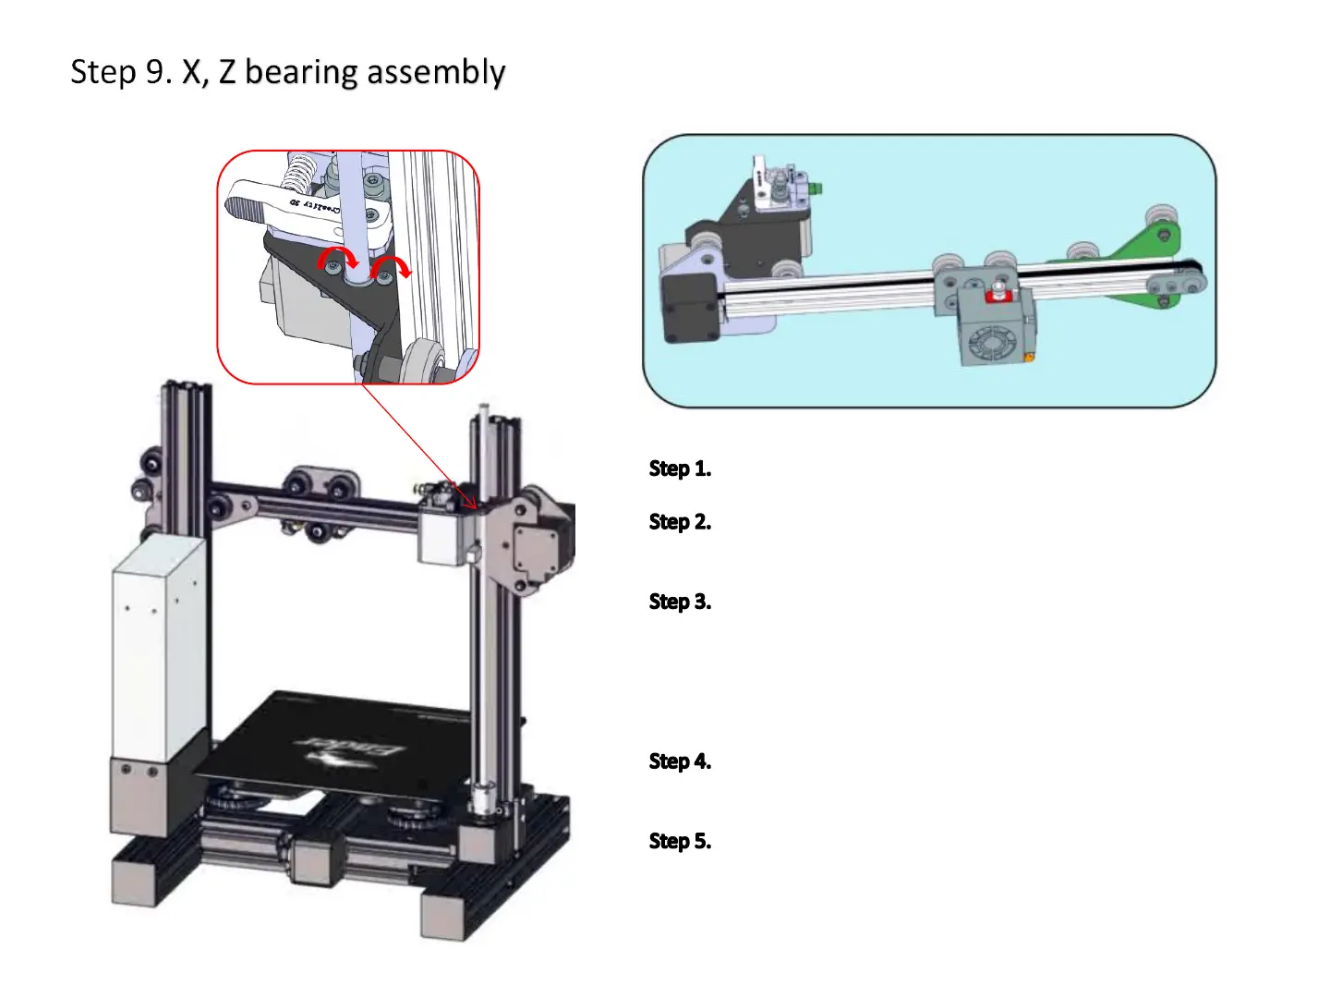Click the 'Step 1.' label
point(680,469)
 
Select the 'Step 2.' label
point(680,522)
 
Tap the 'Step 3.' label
point(680,602)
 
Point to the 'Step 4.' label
point(680,761)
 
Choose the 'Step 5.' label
point(680,841)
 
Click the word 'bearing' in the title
point(301,73)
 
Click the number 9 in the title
point(155,72)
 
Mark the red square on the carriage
point(997,296)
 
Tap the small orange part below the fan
point(1029,355)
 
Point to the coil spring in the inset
point(301,173)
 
